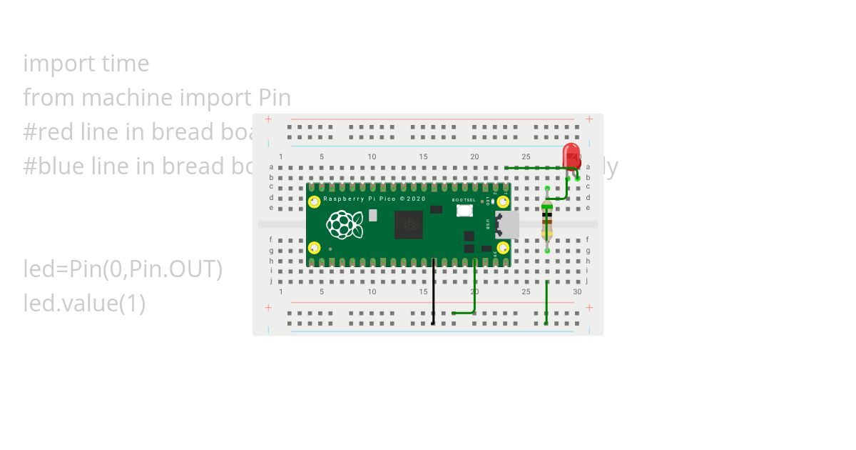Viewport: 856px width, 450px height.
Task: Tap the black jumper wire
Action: coord(433,293)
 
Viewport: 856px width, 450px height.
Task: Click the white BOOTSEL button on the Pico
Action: coord(464,211)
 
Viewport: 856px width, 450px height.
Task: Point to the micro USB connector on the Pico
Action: coord(508,224)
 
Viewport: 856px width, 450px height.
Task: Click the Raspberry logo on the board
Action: coord(345,224)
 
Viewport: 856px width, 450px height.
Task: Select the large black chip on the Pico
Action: coord(409,224)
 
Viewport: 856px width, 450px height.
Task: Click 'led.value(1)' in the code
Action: coord(84,304)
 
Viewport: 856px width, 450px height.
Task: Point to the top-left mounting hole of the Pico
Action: coord(314,202)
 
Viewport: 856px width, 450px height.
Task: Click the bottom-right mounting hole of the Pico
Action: coord(503,248)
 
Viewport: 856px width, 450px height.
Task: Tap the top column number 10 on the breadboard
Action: coord(372,157)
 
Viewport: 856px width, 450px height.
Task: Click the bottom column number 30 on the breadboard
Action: coord(577,291)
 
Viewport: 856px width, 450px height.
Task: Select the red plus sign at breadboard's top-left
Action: coord(268,119)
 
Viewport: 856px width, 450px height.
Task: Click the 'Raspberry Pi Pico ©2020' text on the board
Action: coord(374,199)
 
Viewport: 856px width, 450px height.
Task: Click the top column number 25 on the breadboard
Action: coord(526,157)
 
